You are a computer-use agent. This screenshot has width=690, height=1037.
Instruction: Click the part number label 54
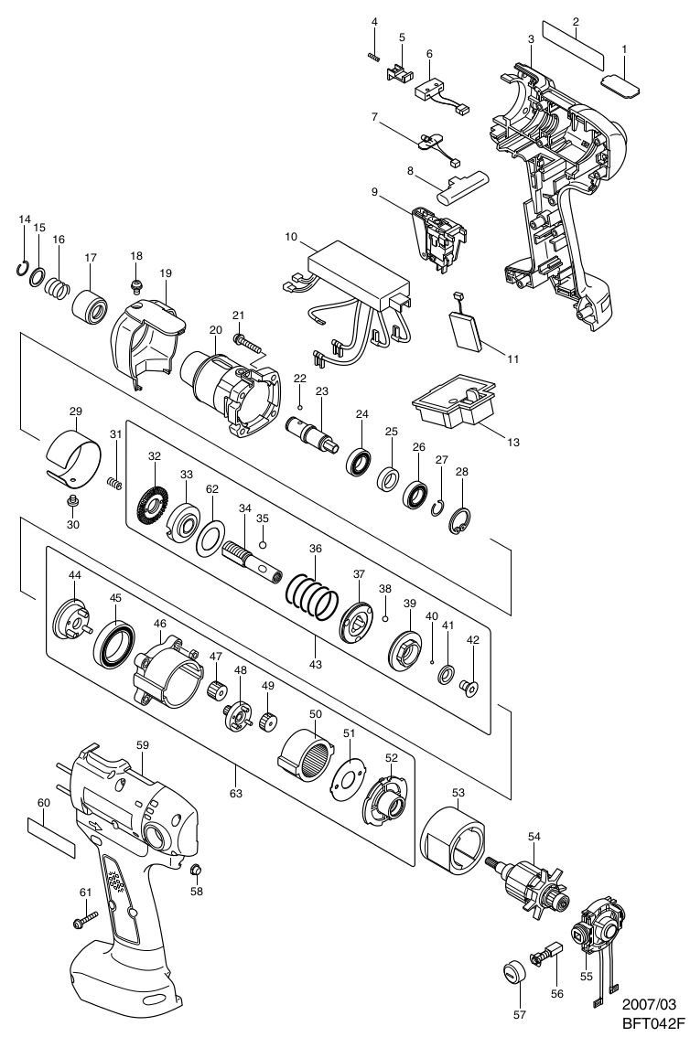click(534, 837)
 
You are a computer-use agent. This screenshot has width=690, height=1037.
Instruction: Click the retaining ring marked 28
click(459, 522)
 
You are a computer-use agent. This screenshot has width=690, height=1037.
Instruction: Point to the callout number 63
click(236, 794)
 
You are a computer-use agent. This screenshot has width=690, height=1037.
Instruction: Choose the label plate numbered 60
click(51, 836)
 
